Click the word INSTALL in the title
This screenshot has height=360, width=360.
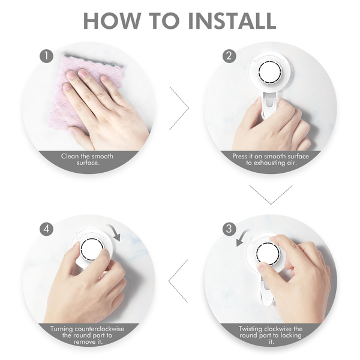click(232, 20)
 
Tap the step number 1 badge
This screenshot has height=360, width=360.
click(46, 56)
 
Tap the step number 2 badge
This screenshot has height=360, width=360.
click(229, 56)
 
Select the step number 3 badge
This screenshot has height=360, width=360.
click(229, 229)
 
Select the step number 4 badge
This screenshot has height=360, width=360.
click(46, 229)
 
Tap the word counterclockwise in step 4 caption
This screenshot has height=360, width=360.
click(100, 329)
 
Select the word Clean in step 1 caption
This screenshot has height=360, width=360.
click(70, 157)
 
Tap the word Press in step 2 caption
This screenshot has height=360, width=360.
click(239, 157)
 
